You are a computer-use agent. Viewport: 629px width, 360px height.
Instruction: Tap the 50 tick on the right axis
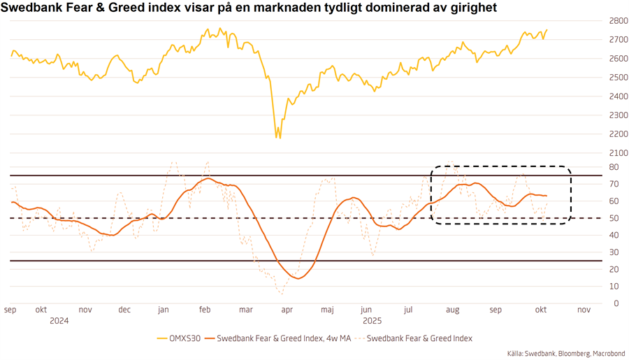pos(613,218)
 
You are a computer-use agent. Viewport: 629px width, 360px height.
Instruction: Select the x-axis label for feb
pos(204,310)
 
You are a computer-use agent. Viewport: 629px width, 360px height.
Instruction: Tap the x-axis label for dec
pos(124,310)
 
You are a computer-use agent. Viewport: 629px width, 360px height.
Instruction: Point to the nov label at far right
pos(584,310)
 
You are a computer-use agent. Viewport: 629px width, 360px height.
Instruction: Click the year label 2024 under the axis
pos(59,321)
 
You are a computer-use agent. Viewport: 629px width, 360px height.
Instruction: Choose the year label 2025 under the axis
pos(371,321)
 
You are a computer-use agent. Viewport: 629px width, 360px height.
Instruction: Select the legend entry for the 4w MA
pos(277,338)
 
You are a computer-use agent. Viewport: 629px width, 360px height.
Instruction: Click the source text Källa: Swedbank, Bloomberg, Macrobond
pos(566,354)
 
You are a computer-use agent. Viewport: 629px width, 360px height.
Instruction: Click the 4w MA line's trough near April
pos(298,279)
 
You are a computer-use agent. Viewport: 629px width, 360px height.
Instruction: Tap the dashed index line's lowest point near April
pos(281,294)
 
